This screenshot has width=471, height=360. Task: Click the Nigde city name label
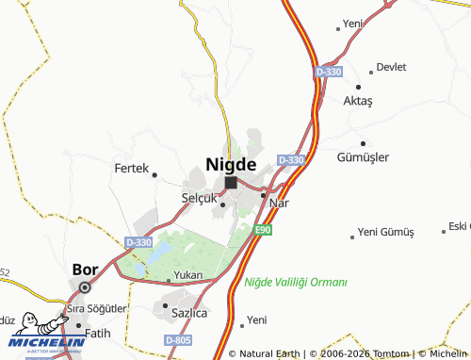pos(231,163)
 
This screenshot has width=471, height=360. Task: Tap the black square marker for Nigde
pos(231,182)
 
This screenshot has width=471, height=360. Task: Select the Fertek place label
pos(131,169)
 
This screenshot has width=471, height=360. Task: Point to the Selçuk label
pos(199,199)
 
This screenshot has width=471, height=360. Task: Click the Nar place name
pos(278,203)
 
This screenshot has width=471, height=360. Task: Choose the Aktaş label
pos(359,100)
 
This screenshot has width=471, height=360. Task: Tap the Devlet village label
pos(391,67)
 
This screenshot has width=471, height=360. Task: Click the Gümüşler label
pos(363,157)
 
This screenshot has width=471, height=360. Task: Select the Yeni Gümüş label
pos(387,233)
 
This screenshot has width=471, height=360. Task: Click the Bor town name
pos(85,269)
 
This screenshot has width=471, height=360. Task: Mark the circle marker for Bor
pos(85,287)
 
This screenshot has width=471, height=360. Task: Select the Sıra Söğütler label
pos(95,310)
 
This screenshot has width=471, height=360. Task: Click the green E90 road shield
pos(264,229)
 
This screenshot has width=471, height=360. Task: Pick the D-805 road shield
pos(176,339)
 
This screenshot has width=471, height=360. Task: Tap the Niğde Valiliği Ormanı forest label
pos(296,282)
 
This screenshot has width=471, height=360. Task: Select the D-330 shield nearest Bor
pos(138,242)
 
